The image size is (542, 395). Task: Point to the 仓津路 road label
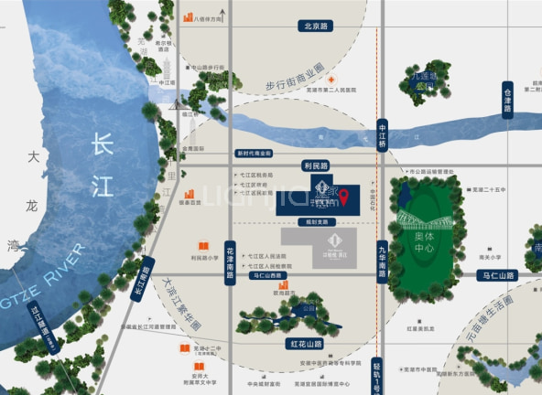pos(507,100)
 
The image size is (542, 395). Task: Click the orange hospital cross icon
pos(332,80)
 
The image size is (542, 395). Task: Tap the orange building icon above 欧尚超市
pos(281,285)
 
